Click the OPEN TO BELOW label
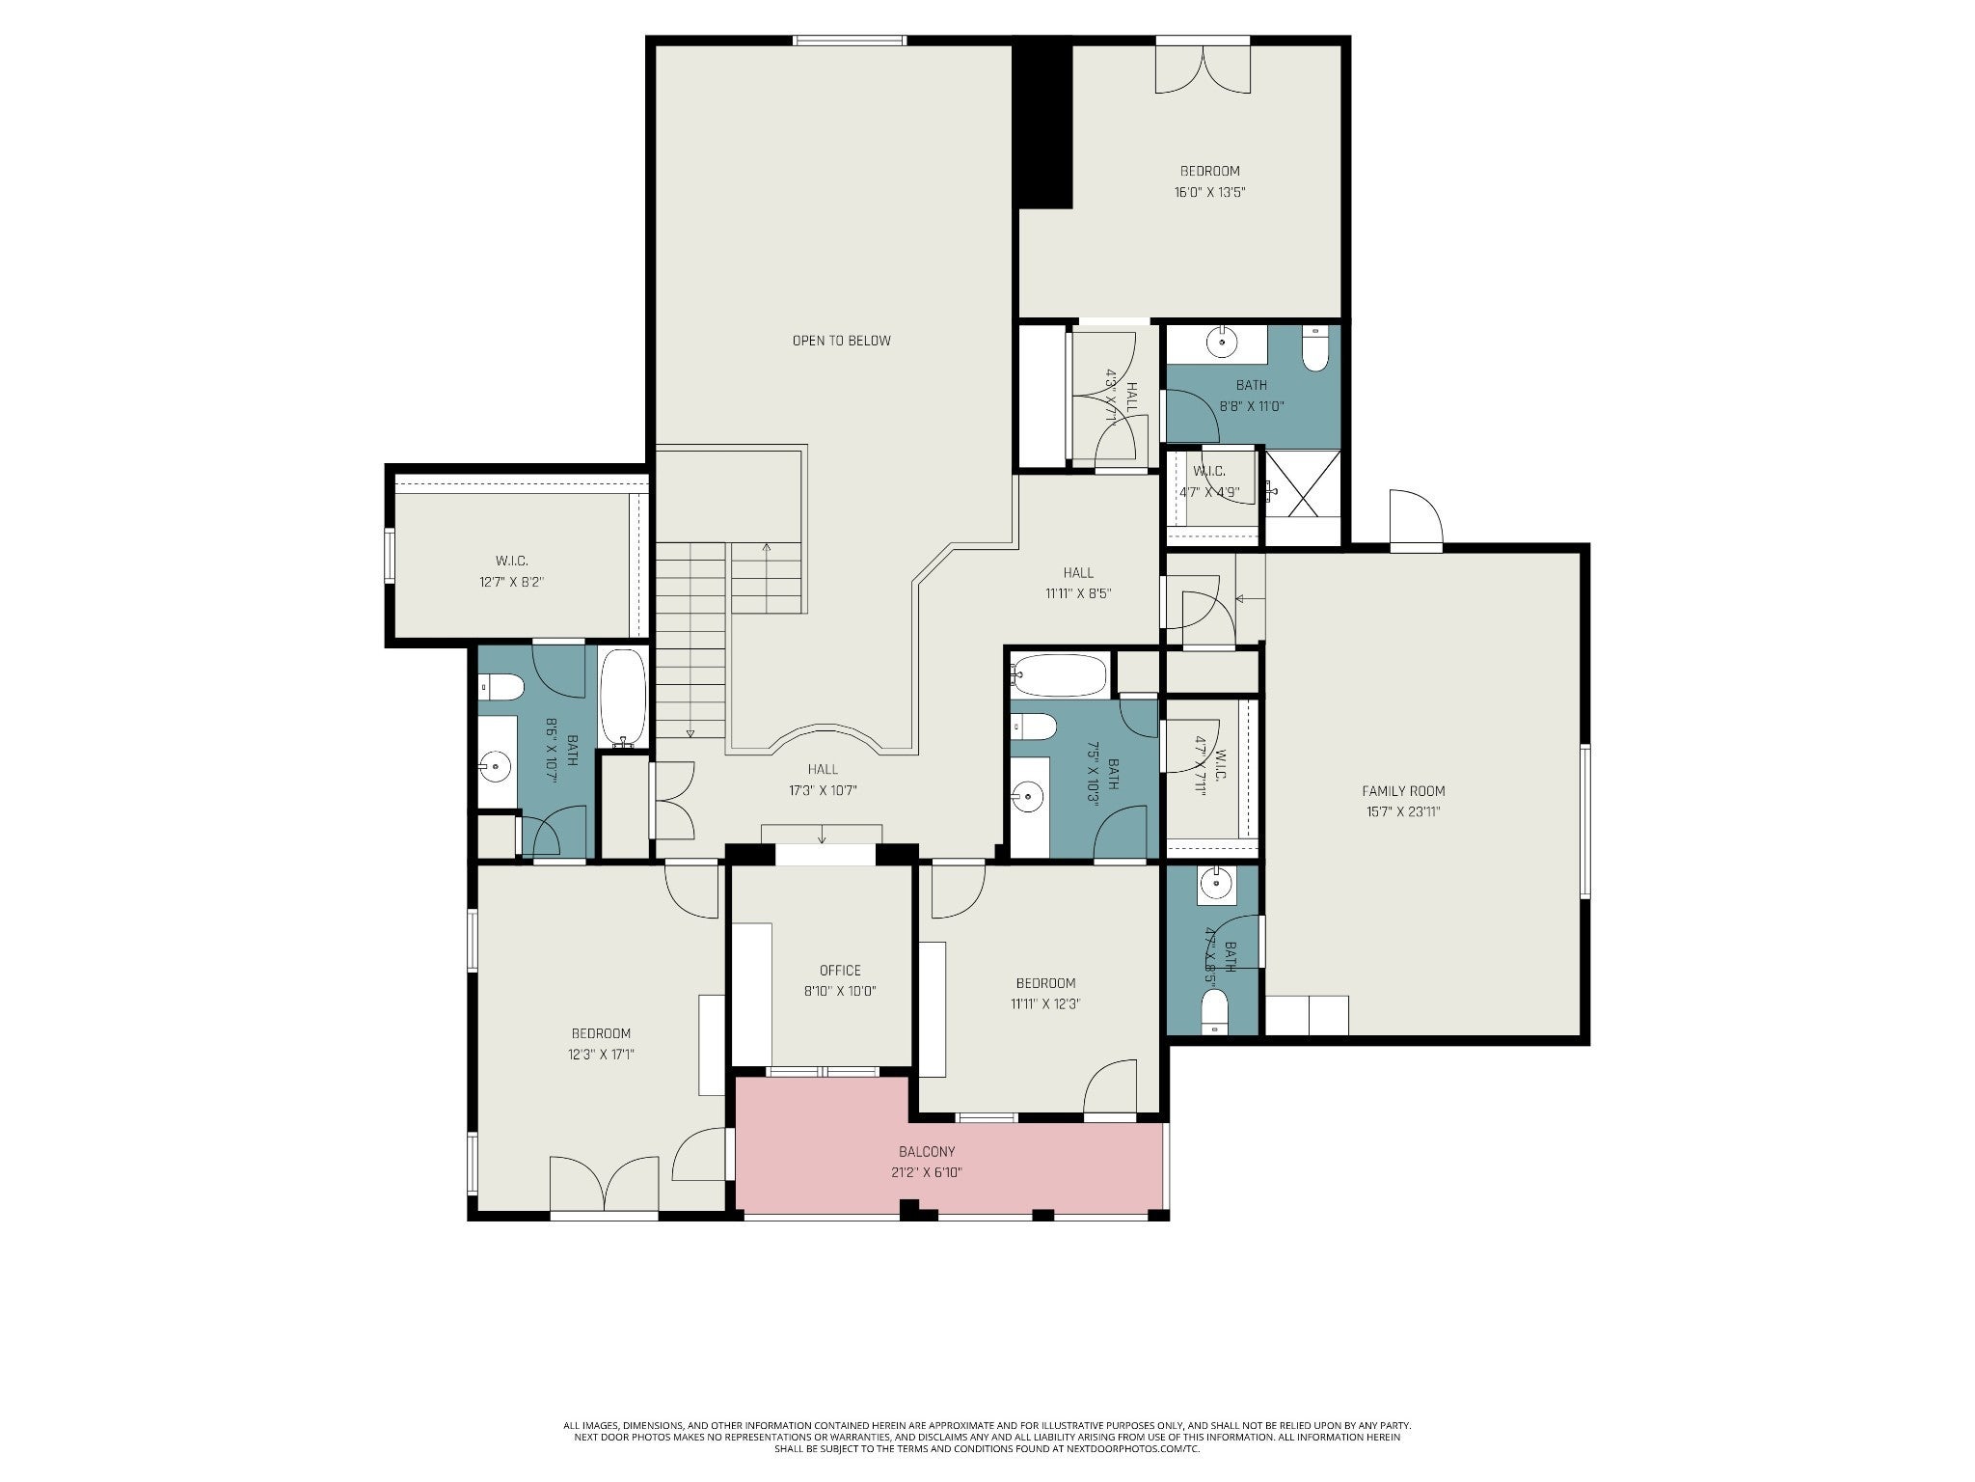point(841,341)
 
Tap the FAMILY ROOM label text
point(1403,791)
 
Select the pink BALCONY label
point(927,1152)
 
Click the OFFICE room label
point(840,971)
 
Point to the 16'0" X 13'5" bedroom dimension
point(1209,192)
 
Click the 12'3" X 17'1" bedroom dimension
point(601,1055)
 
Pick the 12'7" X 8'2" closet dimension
point(512,582)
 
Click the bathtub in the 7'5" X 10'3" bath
point(1059,675)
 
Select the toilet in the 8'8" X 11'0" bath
point(1315,349)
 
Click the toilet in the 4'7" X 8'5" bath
point(1215,1011)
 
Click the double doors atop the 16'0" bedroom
point(1203,68)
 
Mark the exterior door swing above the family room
point(1416,519)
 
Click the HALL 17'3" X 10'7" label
point(823,780)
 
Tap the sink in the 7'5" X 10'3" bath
point(1028,797)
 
